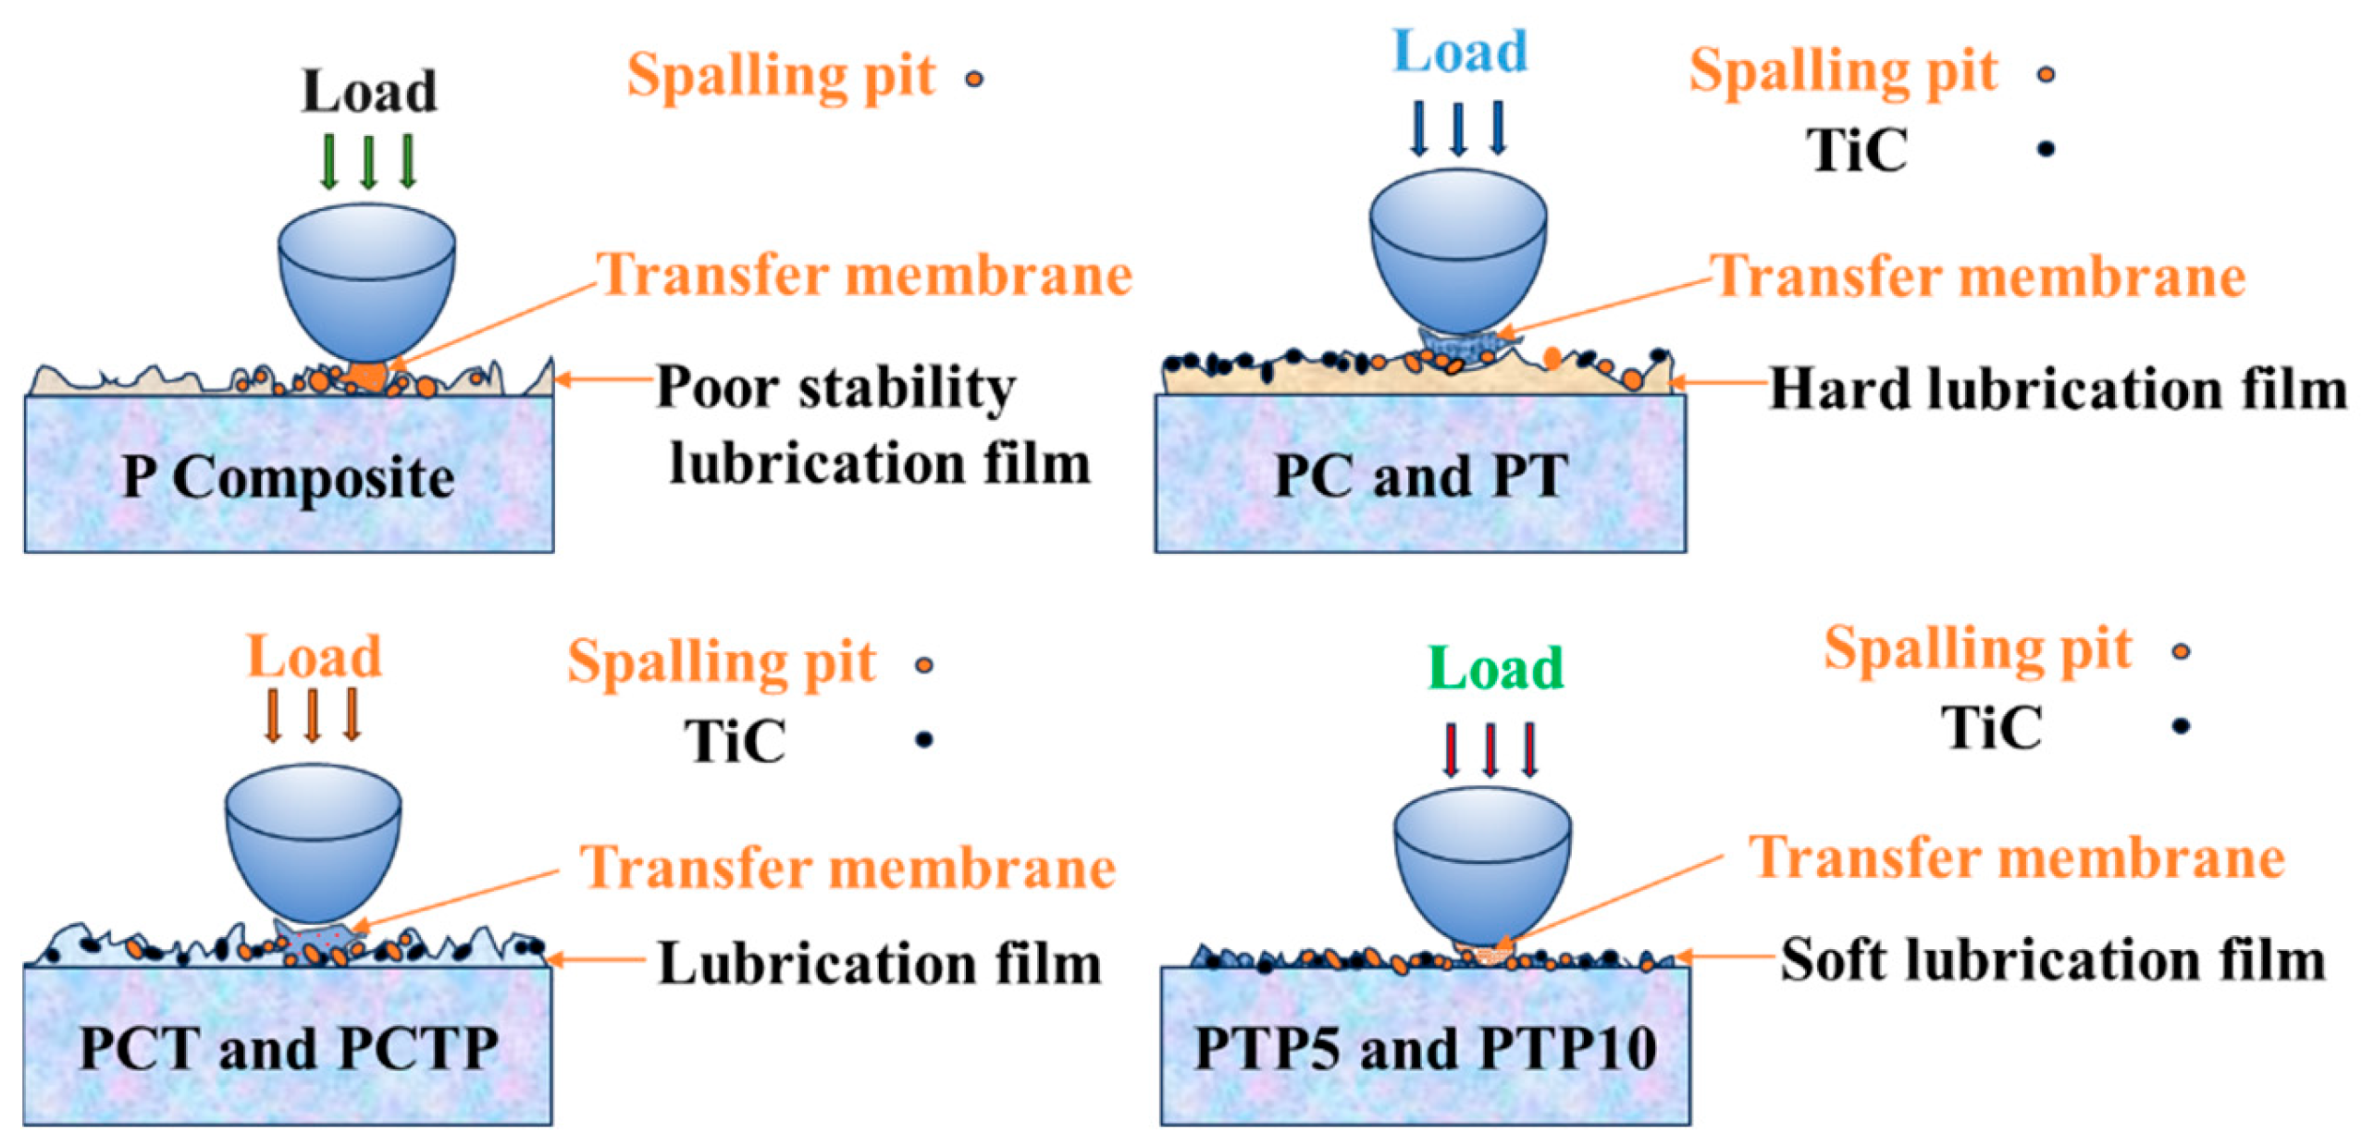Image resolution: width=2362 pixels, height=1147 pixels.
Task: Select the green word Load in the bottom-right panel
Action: coord(1494,668)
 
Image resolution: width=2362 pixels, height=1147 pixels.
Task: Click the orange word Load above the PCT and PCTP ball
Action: coord(314,657)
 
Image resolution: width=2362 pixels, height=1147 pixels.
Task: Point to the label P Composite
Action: coord(288,477)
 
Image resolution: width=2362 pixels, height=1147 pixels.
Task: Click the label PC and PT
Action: coord(1419,475)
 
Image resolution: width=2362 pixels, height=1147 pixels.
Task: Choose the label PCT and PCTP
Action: coord(288,1048)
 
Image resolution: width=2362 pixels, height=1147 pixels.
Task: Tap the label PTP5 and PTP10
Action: coord(1424,1048)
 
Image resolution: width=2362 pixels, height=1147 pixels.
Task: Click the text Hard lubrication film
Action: coord(2057,388)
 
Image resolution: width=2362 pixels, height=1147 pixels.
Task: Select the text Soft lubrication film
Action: coord(2051,959)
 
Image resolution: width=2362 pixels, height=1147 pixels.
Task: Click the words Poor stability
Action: coord(835,387)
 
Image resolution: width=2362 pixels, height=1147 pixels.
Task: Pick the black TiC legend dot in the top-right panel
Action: coord(2045,148)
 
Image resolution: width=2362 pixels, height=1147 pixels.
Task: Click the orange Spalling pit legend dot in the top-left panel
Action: coord(973,80)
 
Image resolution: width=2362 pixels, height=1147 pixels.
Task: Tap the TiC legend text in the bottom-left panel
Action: coord(735,740)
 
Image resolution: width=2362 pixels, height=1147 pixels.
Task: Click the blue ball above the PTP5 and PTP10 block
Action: coord(1481,865)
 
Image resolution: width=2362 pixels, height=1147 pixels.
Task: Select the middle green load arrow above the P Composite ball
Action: coord(368,161)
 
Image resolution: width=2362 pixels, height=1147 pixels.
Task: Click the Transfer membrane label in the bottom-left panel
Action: coord(847,868)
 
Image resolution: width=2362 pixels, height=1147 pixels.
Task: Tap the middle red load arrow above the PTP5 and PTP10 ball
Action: coord(1490,748)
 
